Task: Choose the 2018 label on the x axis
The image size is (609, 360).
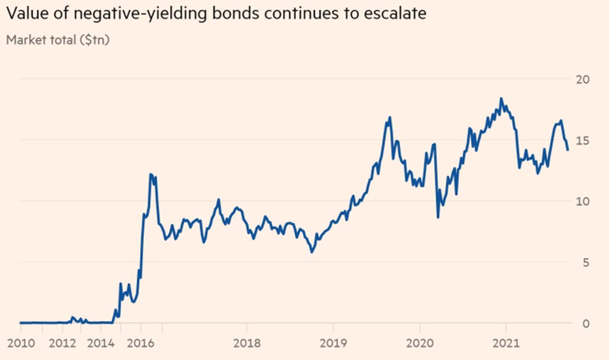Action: pyautogui.click(x=247, y=342)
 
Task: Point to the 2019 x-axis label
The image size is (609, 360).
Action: pyautogui.click(x=333, y=342)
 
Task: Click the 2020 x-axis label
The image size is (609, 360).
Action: pyautogui.click(x=419, y=342)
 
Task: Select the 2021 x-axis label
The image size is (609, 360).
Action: pyautogui.click(x=505, y=342)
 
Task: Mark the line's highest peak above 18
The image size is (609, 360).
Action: pyautogui.click(x=501, y=99)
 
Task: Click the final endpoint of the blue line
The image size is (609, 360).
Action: pyautogui.click(x=568, y=150)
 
